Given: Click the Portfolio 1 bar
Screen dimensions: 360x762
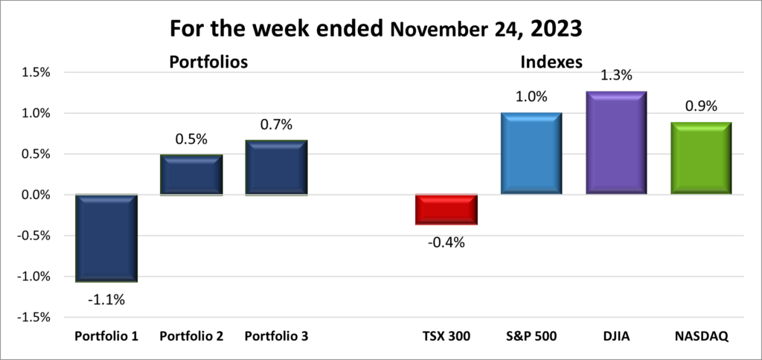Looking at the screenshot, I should tap(106, 238).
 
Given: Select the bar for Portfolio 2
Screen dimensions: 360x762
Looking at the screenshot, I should tap(191, 175).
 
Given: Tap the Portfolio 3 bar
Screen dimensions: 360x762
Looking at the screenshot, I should tap(276, 167).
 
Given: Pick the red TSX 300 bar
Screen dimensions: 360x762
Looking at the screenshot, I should tap(446, 209).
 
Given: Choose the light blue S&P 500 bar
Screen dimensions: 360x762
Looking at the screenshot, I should tap(531, 154).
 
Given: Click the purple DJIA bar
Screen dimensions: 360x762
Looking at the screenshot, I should tap(615, 143).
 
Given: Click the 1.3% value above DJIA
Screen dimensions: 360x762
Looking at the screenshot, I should tap(615, 75).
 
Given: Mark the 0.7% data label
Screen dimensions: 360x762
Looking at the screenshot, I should tap(276, 123).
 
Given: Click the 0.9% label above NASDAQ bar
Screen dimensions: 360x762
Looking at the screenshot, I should tap(700, 106).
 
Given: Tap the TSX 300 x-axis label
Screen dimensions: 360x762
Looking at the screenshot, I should tap(446, 336).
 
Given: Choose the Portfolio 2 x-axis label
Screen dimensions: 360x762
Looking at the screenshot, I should tap(191, 336).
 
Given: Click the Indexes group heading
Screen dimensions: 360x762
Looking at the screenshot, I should tap(551, 62).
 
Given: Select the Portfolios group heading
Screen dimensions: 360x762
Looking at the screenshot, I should tap(208, 62).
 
